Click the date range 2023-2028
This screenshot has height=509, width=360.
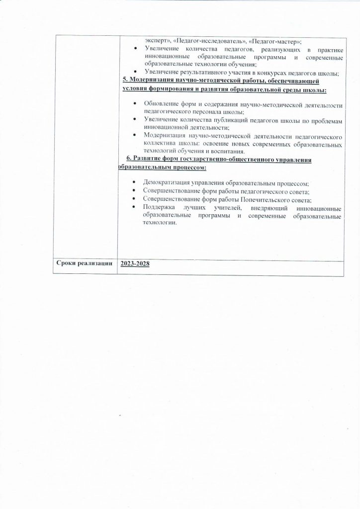pos(135,263)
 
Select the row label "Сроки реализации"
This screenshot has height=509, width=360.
pos(86,263)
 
